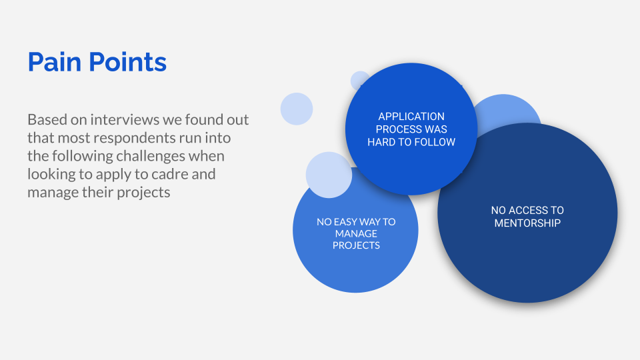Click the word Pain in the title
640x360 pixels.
(x=55, y=62)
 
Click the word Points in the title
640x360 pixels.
(x=127, y=62)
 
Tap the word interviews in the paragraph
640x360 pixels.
(x=125, y=119)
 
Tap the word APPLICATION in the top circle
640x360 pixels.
(x=411, y=116)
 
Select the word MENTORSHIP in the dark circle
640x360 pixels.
(x=527, y=223)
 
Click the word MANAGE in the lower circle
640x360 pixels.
(x=356, y=233)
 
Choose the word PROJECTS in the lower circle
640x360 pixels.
(x=356, y=245)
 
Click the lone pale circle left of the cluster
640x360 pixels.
(x=297, y=109)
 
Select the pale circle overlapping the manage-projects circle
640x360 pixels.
(x=329, y=175)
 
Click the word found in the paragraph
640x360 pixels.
(x=201, y=119)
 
